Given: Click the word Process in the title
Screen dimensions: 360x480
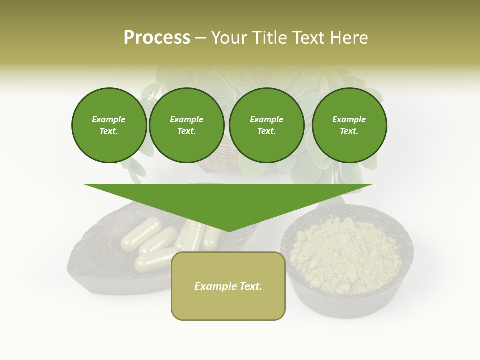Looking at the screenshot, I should coord(157,38).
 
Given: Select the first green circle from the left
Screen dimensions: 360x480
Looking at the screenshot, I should coord(109,125).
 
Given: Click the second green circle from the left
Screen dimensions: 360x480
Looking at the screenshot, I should coord(186,125).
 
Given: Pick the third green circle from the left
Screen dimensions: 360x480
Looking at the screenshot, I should coord(266,125).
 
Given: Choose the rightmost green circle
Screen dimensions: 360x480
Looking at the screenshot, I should coord(349,125).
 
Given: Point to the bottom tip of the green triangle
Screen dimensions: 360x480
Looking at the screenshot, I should coord(229,231).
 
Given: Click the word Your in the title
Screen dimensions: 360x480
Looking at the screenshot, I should coord(229,38).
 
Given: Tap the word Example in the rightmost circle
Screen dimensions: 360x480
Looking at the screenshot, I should coord(349,119).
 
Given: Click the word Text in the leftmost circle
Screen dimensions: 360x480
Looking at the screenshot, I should coord(108,131).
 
